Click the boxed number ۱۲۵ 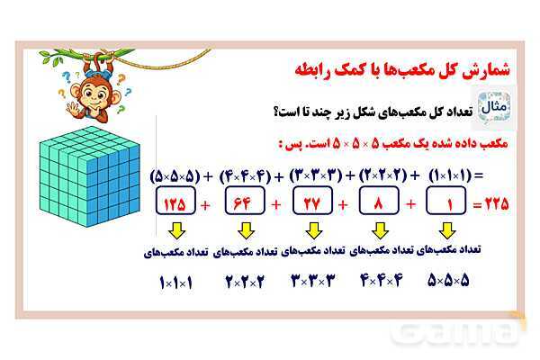(175, 203)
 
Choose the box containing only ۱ (446, 203)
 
